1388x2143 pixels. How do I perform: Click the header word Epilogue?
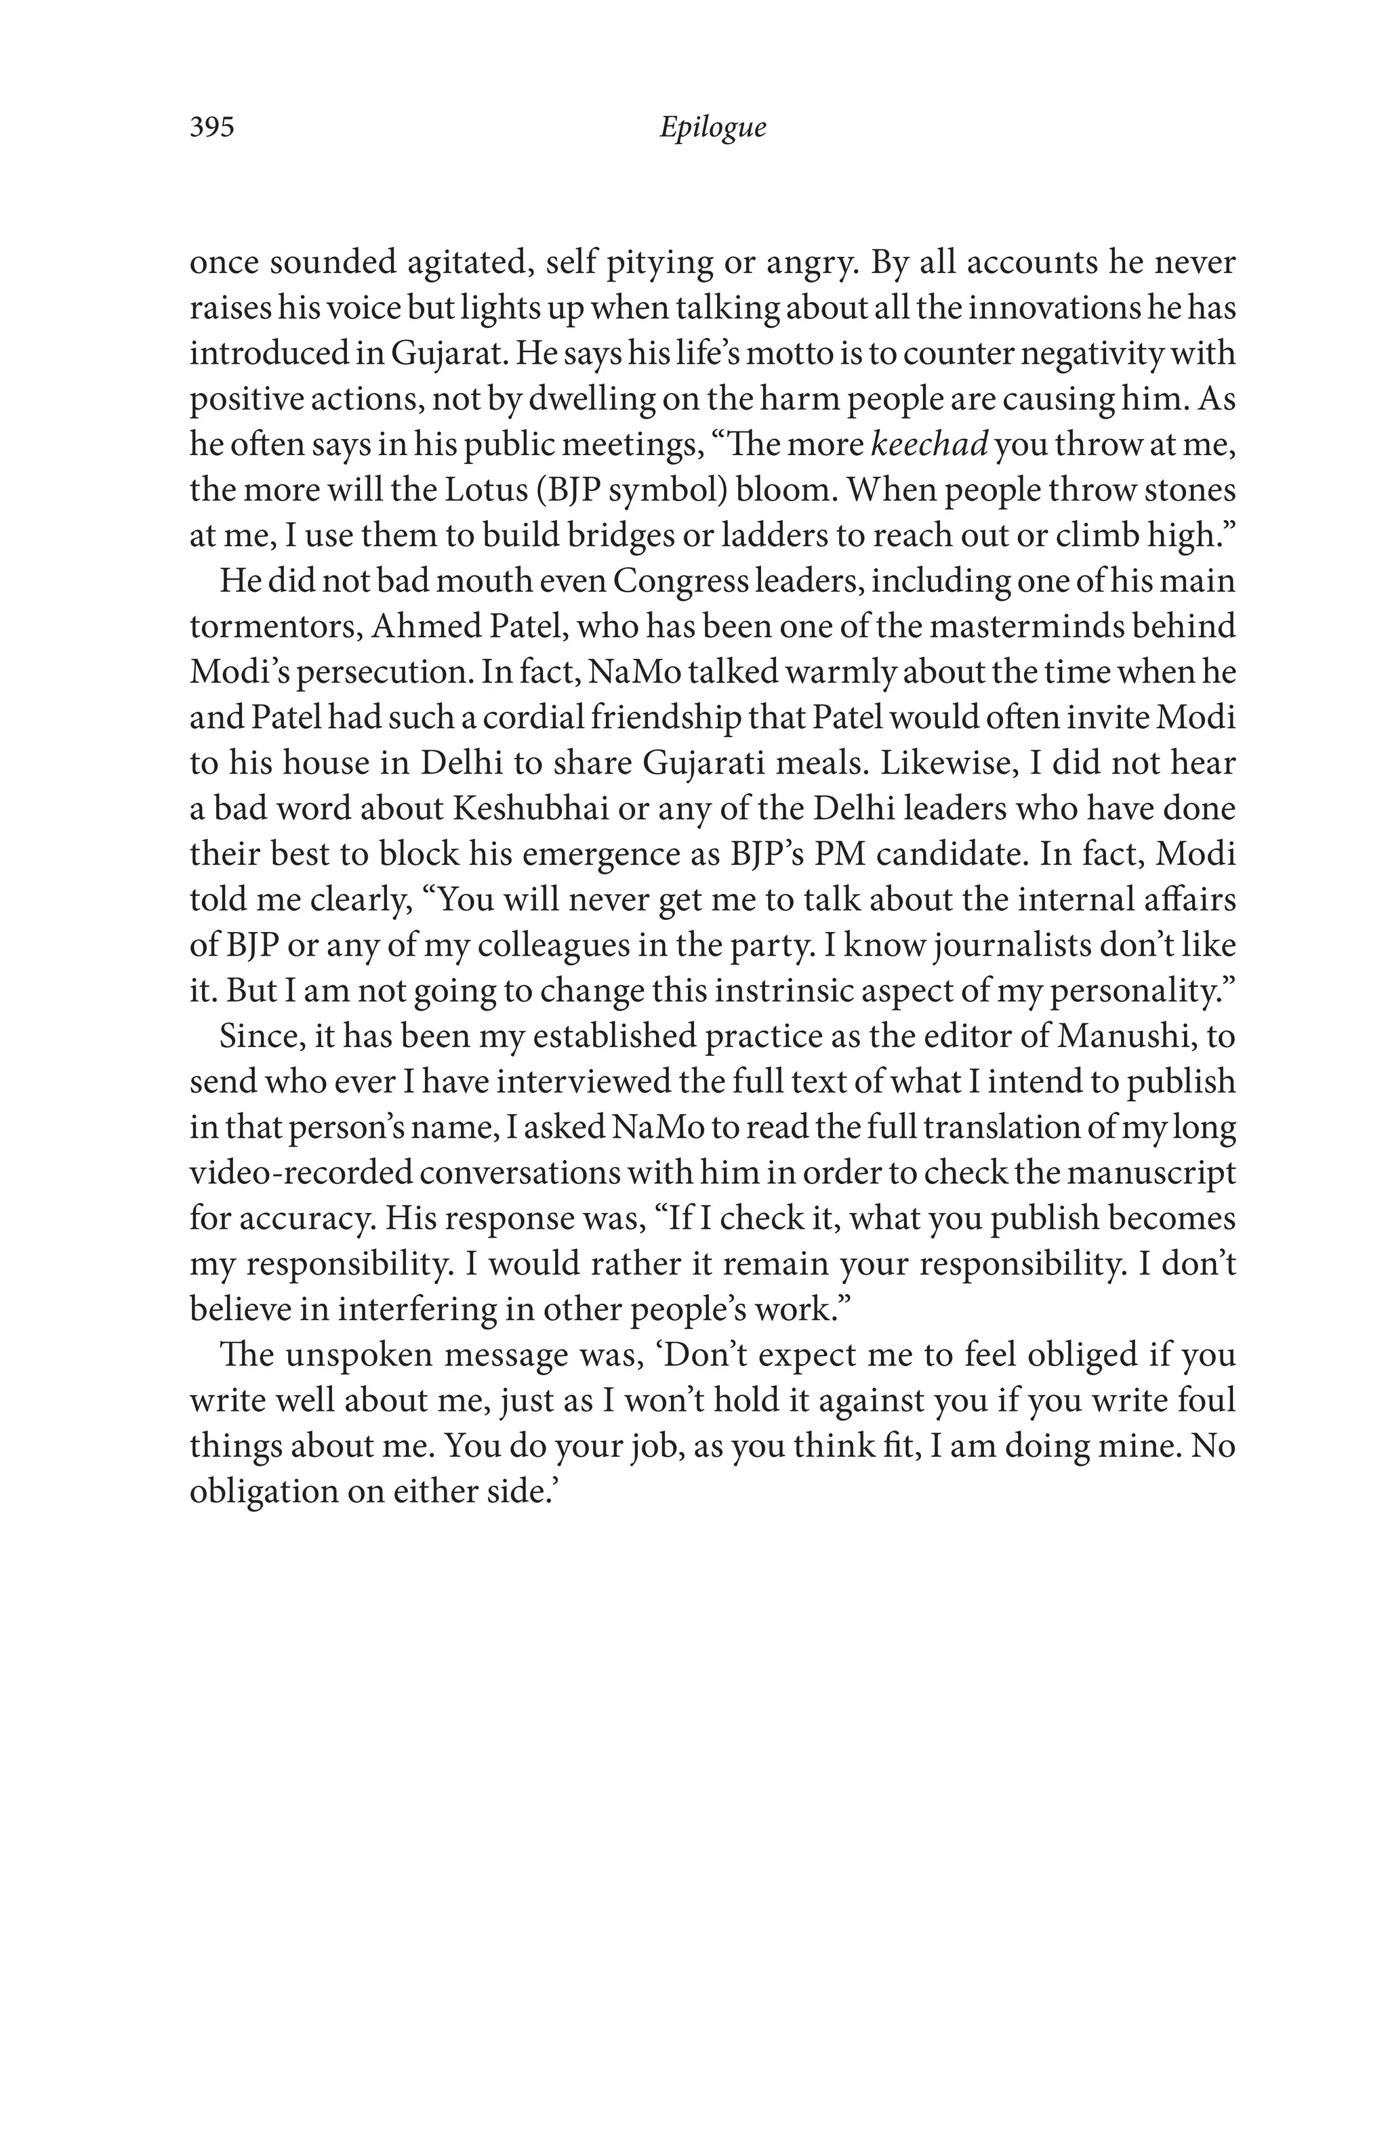(712, 127)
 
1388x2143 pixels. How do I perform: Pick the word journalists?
(1026, 945)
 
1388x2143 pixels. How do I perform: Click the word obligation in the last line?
(261, 1491)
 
